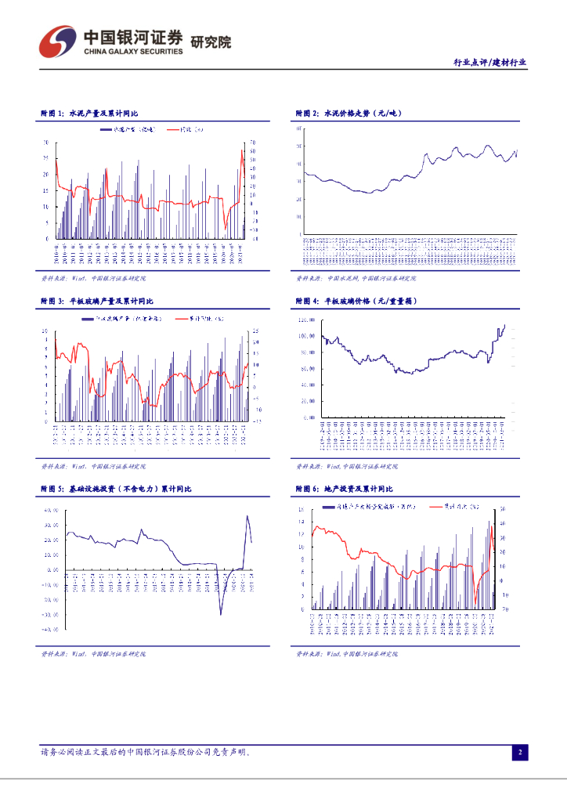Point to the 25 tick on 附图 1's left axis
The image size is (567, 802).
pyautogui.click(x=45, y=159)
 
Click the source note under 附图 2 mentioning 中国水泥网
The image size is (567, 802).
pyautogui.click(x=356, y=278)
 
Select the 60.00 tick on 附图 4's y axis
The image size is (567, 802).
pyautogui.click(x=308, y=369)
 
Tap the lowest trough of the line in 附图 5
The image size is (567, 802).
pyautogui.click(x=220, y=613)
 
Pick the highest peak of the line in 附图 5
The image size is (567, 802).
pyautogui.click(x=247, y=515)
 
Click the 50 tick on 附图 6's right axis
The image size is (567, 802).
pyautogui.click(x=503, y=510)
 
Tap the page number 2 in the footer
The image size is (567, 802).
pyautogui.click(x=518, y=753)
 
